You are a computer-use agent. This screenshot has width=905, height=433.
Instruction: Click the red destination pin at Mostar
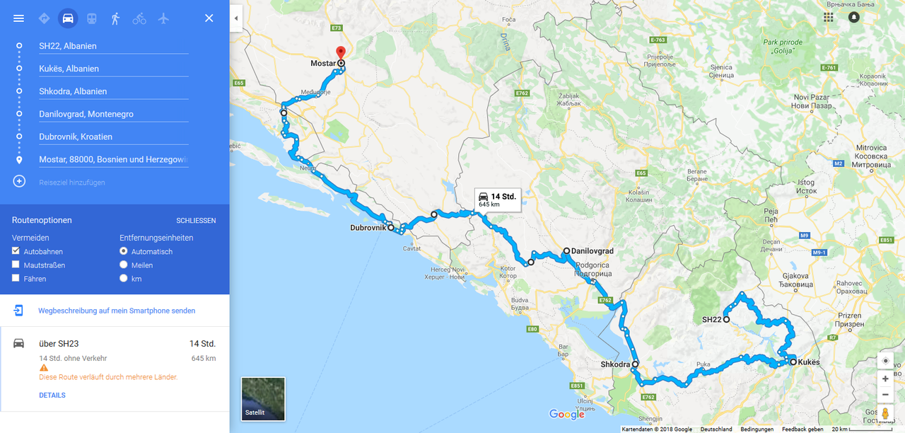pos(340,52)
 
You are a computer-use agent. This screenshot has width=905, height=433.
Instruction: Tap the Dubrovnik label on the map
pos(368,228)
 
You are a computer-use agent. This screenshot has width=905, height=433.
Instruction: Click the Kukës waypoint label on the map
pos(809,362)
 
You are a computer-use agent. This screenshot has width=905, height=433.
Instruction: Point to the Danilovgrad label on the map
pos(592,251)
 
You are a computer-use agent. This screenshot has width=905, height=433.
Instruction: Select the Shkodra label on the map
pos(615,364)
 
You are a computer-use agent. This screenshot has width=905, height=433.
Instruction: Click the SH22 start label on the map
pos(711,320)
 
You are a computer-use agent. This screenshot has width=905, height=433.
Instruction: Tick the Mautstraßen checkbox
pos(16,265)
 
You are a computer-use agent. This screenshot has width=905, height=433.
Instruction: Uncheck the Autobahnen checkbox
pos(16,251)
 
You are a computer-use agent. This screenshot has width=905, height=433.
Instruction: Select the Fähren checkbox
pos(16,278)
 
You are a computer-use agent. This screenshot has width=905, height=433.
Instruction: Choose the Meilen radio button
pos(124,265)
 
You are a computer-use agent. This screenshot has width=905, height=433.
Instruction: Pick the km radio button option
pos(124,278)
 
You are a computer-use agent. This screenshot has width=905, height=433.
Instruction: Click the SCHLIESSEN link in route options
pos(196,221)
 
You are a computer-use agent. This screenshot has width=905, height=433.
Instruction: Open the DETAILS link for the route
pos(52,396)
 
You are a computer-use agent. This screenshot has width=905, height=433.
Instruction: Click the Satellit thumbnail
pos(263,398)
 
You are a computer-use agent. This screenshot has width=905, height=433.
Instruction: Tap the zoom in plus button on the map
pos(885,379)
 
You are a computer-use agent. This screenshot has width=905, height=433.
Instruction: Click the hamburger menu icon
pos(19,18)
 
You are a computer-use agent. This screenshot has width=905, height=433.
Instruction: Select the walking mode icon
pos(115,18)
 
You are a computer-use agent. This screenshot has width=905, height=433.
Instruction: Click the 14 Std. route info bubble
pos(498,200)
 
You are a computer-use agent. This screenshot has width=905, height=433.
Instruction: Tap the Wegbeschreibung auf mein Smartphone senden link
pos(117,311)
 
